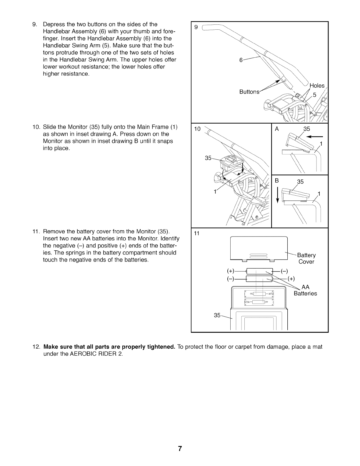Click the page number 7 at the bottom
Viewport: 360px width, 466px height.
click(x=180, y=449)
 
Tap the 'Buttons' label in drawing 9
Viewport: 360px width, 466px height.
click(x=249, y=91)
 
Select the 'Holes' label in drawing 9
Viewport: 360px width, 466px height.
click(x=317, y=86)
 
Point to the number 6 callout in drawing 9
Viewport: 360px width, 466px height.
click(x=241, y=60)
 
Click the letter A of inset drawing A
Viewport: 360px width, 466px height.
click(x=277, y=129)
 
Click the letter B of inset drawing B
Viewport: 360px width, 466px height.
click(x=277, y=180)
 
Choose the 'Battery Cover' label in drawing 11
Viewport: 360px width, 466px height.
click(x=306, y=258)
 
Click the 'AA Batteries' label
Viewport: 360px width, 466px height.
click(x=306, y=290)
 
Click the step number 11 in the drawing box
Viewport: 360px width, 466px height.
click(x=197, y=234)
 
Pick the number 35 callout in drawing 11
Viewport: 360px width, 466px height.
click(x=217, y=315)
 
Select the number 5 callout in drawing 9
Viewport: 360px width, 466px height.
click(x=314, y=95)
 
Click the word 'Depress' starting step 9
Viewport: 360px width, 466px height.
click(x=53, y=24)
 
